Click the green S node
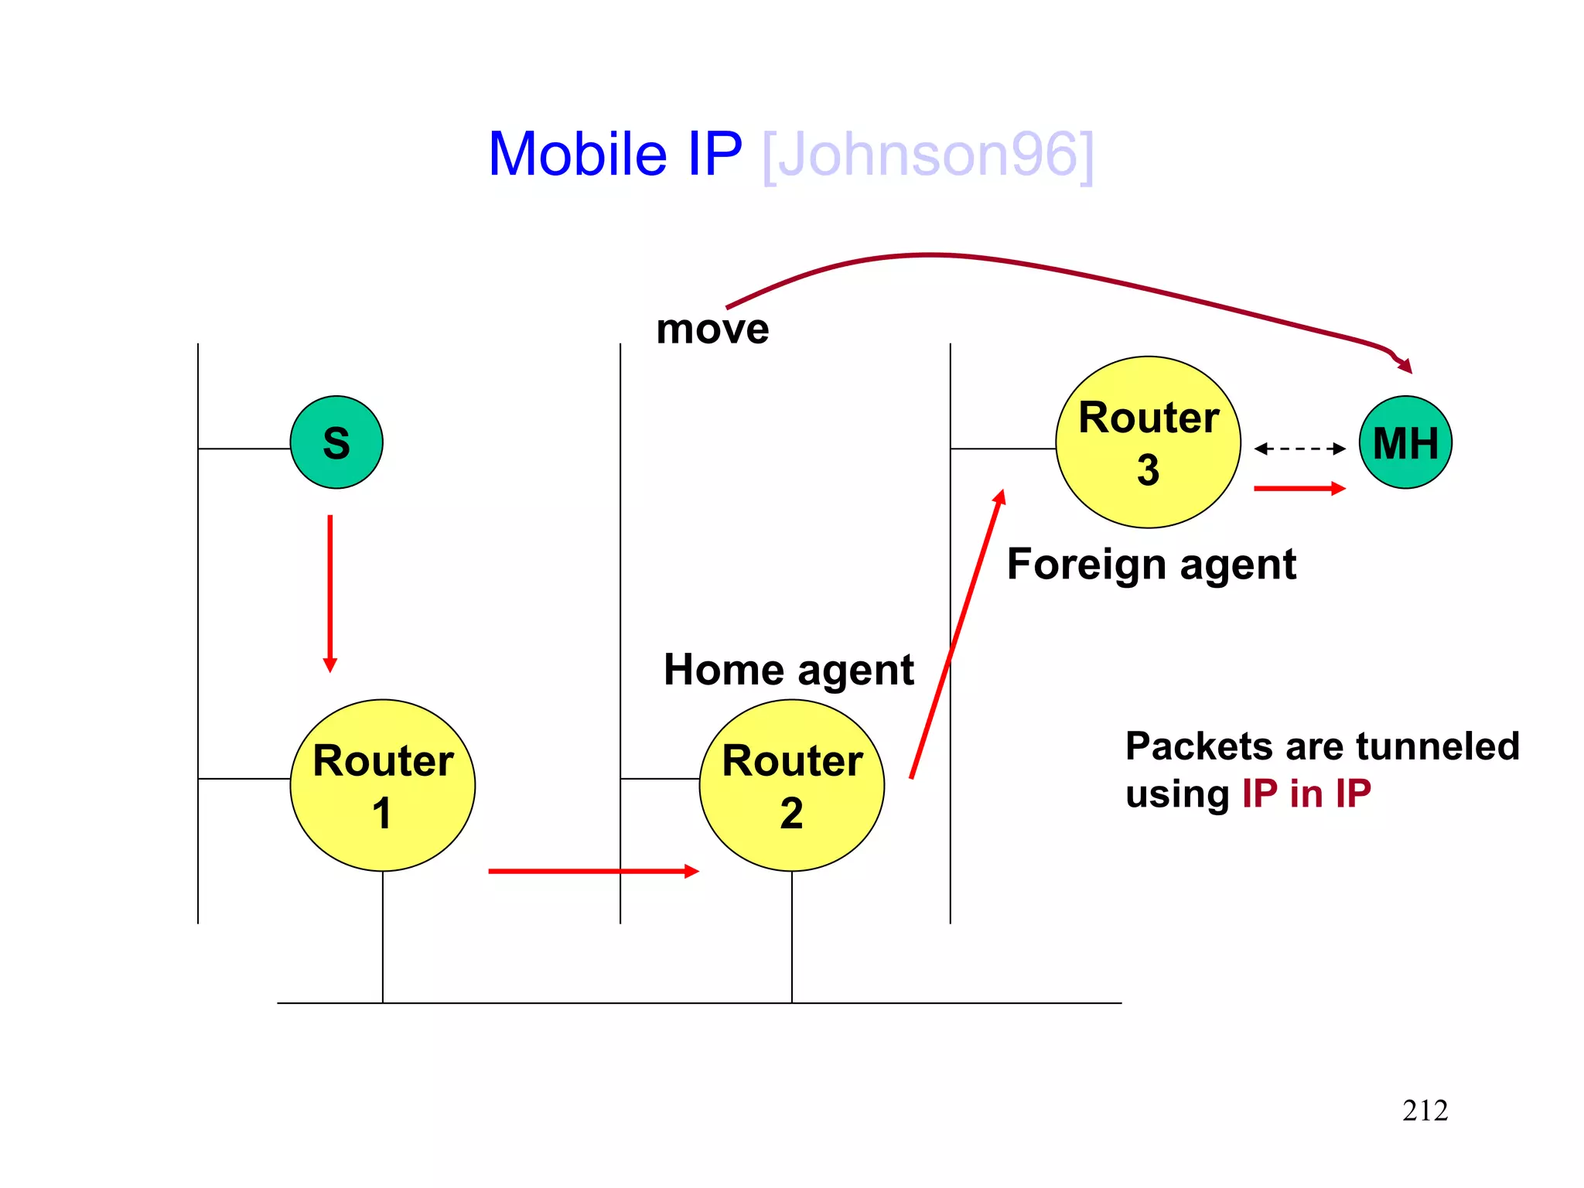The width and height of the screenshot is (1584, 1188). (336, 442)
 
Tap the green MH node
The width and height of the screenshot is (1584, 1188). (1405, 442)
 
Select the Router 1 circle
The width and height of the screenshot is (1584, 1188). (383, 785)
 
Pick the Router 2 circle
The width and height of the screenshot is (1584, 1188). (792, 785)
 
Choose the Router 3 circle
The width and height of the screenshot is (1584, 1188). (1149, 442)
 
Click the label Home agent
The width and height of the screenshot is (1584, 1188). (789, 670)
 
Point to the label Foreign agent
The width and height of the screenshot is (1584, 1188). (1151, 564)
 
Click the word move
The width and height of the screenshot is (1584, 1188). (712, 329)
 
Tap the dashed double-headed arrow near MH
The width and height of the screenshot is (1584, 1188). (1300, 449)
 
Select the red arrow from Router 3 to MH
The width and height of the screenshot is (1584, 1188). (1300, 489)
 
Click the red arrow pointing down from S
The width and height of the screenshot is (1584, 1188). (330, 592)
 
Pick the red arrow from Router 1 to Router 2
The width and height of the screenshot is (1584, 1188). (593, 872)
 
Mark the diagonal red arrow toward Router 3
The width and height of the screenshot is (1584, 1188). (957, 634)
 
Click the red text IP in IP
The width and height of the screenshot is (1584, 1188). (1306, 794)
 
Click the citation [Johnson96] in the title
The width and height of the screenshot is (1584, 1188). (928, 155)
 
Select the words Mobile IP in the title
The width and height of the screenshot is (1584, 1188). (616, 155)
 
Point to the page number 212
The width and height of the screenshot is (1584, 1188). (1425, 1111)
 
